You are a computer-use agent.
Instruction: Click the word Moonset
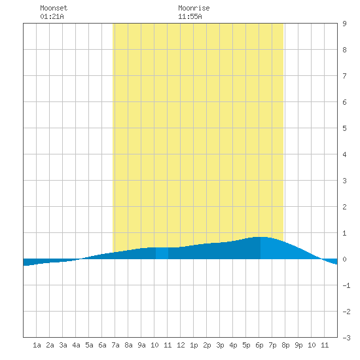(54, 8)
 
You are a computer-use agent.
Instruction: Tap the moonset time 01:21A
(52, 16)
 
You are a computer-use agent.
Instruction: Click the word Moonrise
(194, 8)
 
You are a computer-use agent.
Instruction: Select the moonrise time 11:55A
(190, 16)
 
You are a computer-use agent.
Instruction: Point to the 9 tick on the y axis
(344, 24)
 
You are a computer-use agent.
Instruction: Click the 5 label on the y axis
(344, 128)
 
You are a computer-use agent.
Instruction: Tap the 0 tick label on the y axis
(344, 259)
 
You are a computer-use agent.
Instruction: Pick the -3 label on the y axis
(346, 338)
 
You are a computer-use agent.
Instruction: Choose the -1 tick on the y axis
(346, 285)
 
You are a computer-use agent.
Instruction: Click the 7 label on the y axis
(344, 76)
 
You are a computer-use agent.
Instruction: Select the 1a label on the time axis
(37, 345)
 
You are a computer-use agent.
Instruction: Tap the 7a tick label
(115, 345)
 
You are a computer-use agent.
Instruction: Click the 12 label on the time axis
(181, 345)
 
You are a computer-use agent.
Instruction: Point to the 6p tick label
(259, 345)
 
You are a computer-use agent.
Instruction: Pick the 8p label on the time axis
(285, 345)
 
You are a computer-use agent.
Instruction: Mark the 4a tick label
(76, 345)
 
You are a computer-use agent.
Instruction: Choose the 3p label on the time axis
(220, 345)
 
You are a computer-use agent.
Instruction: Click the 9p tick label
(298, 345)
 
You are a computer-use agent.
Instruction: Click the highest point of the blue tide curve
(261, 237)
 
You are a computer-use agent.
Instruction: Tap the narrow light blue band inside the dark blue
(162, 253)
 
